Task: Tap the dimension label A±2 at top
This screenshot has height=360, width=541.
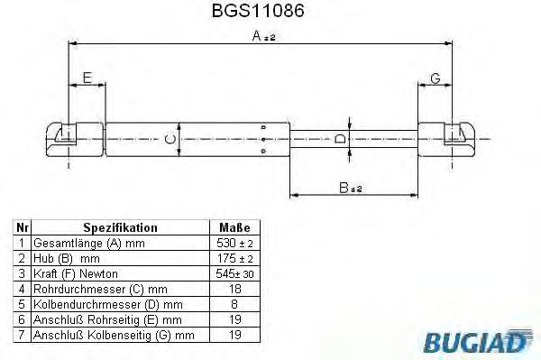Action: pos(263,36)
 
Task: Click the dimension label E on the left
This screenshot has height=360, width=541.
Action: pos(87,79)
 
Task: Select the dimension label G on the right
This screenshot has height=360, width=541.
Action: pos(435,79)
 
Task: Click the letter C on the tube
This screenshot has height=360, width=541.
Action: pos(169,138)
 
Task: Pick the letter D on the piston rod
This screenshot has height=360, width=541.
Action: pos(339,139)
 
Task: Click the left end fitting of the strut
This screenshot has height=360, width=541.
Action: pos(64,138)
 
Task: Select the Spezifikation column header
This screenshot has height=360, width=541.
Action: pos(120,229)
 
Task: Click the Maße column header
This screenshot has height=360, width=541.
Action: pos(234,229)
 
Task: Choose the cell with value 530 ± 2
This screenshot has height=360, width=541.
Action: pos(234,244)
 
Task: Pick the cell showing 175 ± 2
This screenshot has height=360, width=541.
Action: pos(234,259)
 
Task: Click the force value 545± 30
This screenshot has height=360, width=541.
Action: pos(234,273)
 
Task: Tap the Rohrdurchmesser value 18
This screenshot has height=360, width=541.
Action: pos(234,289)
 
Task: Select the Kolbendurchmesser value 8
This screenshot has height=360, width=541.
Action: pos(234,304)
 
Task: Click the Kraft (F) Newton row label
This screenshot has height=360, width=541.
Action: pos(75,273)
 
